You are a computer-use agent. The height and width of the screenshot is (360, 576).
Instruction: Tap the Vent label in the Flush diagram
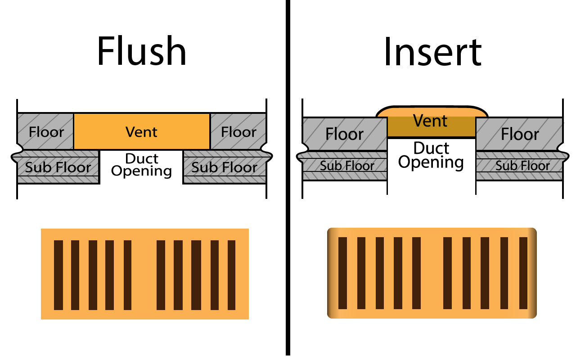point(142,132)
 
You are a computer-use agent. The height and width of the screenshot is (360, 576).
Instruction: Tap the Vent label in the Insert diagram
point(431,121)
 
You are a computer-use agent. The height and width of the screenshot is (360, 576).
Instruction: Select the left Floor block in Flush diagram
point(46,132)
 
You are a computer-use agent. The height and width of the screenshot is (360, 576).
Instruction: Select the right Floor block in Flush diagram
point(238,132)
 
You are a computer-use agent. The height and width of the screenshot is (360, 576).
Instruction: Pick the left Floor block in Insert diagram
point(345,134)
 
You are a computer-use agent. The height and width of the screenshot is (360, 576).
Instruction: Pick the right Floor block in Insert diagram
point(520,134)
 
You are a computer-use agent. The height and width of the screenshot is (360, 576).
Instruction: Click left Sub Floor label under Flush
point(58,167)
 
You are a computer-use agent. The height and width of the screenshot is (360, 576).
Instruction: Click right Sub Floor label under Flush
point(225,167)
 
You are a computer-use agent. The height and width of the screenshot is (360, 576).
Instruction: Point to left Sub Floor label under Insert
point(347,166)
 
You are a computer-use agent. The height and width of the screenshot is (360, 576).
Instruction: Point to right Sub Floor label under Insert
point(522,166)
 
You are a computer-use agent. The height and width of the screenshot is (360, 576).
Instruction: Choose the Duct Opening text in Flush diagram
point(142,165)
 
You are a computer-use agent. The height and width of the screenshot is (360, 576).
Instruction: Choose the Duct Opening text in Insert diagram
point(431,155)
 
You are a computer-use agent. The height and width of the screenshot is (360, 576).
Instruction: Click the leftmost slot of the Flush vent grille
point(58,275)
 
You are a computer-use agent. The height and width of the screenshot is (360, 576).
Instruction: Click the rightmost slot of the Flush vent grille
point(232,275)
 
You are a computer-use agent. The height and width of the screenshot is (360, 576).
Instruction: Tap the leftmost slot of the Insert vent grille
point(342,273)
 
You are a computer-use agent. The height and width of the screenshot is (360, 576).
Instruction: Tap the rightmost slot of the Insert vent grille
point(523,273)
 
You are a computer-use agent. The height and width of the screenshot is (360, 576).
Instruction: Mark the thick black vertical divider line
point(288,180)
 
